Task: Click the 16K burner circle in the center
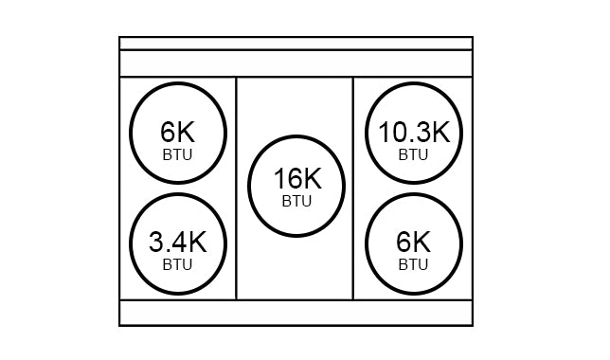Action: tap(296, 186)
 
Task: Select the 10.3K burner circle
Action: tap(414, 133)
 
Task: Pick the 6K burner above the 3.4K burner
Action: tap(177, 133)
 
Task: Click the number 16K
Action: tap(296, 178)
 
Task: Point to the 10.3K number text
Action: tap(414, 131)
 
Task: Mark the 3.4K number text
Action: tap(177, 243)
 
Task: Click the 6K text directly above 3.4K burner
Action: tap(177, 131)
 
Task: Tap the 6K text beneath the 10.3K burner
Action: tap(414, 243)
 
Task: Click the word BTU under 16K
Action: tap(296, 201)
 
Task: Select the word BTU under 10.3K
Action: tap(414, 153)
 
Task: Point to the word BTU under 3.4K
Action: tap(177, 264)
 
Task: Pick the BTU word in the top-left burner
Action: tap(177, 153)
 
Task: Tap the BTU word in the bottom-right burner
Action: tap(414, 264)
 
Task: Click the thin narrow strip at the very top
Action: tap(296, 44)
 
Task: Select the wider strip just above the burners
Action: tap(296, 63)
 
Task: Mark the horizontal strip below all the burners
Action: tap(296, 313)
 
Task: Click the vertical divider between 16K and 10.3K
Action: tap(353, 188)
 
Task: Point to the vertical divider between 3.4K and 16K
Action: tap(236, 188)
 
